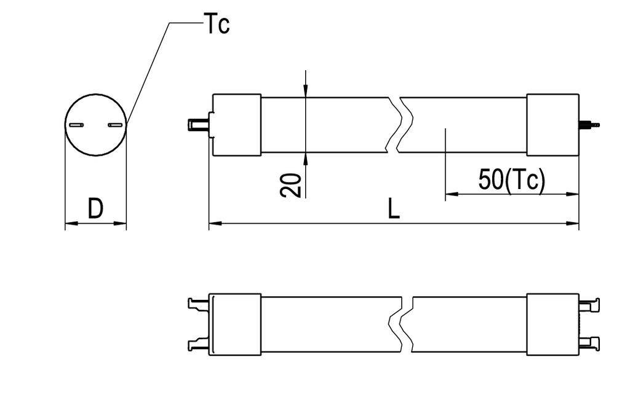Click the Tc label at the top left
click(x=217, y=25)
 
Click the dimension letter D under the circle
click(x=95, y=209)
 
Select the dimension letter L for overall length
click(x=394, y=209)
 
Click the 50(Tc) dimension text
click(x=511, y=180)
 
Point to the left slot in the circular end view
click(x=76, y=126)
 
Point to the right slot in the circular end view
click(x=114, y=126)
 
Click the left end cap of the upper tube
click(x=236, y=124)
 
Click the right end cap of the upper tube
click(x=552, y=124)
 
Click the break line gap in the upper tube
click(x=395, y=124)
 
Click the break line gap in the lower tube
click(x=407, y=324)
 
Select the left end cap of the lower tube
click(x=235, y=324)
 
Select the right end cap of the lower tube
click(x=552, y=324)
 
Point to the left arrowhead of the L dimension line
click(x=215, y=223)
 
